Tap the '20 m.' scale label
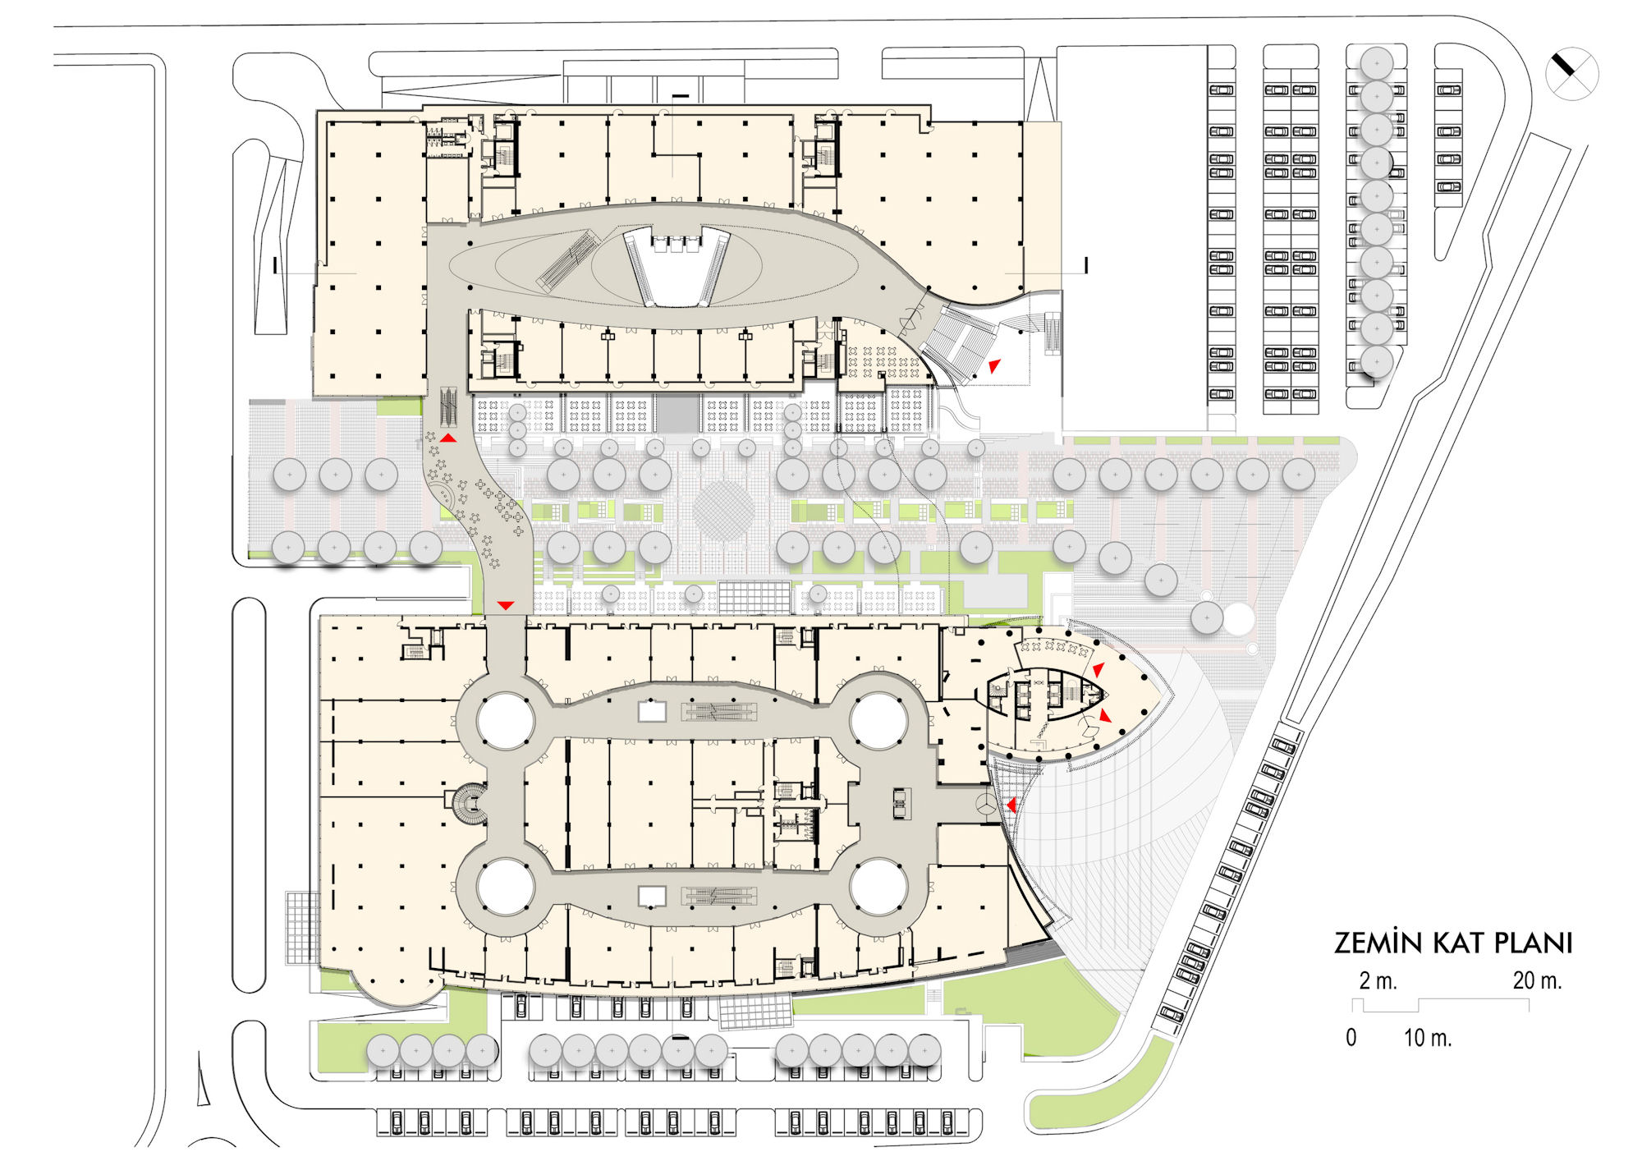tap(1537, 980)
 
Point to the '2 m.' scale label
tap(1378, 980)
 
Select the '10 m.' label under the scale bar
tap(1428, 1038)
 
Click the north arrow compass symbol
tap(1571, 74)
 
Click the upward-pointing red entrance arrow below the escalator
tap(447, 438)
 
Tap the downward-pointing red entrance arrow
tap(506, 606)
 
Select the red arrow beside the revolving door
tap(1012, 805)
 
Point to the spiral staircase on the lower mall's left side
tap(470, 805)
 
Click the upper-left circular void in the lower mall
tap(505, 721)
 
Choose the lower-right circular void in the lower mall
tap(878, 887)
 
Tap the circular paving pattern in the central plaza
tap(723, 511)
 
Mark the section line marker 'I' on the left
tap(276, 265)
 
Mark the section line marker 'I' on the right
tap(1086, 265)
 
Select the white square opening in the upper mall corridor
tap(652, 711)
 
